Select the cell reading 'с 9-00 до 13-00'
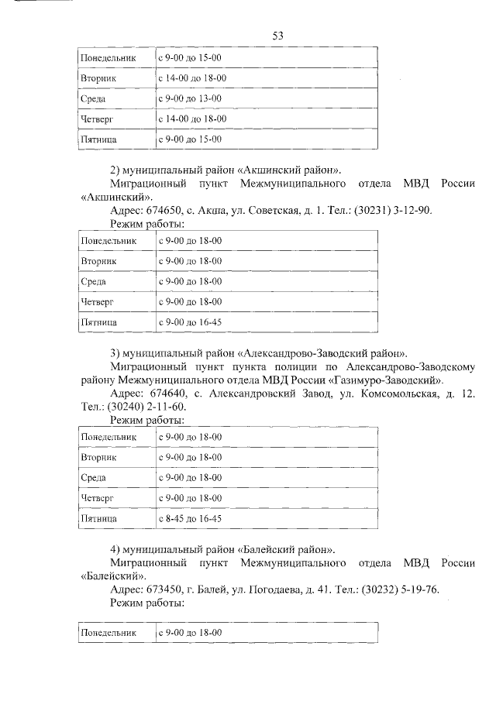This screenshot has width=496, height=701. coord(190,99)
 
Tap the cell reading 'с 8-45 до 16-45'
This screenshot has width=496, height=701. coord(190,518)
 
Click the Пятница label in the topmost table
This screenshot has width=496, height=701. coord(99,139)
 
